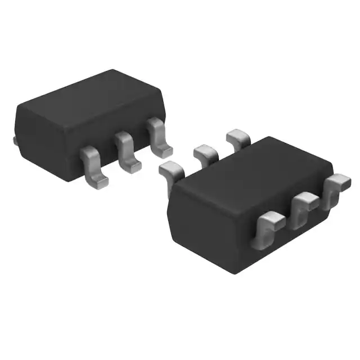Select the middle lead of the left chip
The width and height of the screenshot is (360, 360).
pyautogui.click(x=126, y=150)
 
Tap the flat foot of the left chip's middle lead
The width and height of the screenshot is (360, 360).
pyautogui.click(x=133, y=164)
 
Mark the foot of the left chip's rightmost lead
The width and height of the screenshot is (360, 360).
pyautogui.click(x=164, y=150)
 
